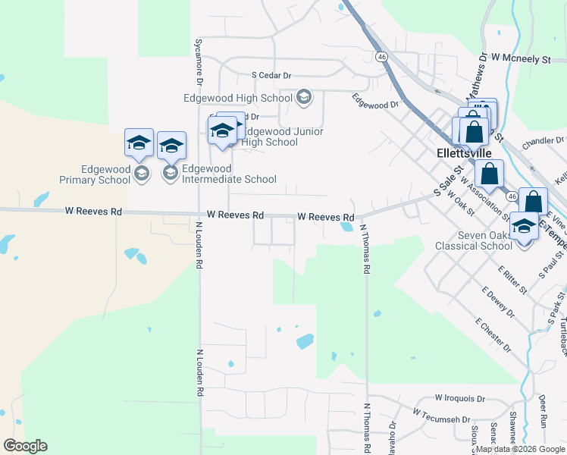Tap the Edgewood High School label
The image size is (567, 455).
[x=237, y=98]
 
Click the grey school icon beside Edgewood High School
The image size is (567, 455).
[x=303, y=97]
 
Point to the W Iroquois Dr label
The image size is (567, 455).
[x=459, y=398]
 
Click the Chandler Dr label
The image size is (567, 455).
[x=544, y=140]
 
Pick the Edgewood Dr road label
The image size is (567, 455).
[x=375, y=101]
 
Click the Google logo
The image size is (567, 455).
[x=25, y=446]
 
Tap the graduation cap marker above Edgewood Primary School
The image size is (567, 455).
[x=139, y=143]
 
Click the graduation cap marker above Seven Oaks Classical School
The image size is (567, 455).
[x=524, y=227]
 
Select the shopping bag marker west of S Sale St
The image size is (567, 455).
[x=490, y=174]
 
